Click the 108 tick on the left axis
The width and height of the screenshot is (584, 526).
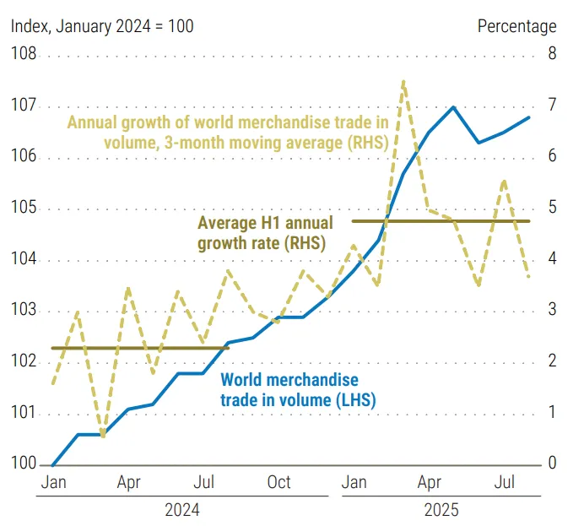[24, 56]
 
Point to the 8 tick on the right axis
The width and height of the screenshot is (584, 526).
[551, 56]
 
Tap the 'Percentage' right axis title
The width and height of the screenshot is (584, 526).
[516, 26]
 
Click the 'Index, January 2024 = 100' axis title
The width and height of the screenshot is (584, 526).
[101, 26]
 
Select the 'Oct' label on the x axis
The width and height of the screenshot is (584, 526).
[278, 482]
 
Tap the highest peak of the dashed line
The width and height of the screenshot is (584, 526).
[403, 82]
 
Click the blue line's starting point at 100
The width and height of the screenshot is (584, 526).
[52, 464]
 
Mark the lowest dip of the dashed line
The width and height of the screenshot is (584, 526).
[103, 437]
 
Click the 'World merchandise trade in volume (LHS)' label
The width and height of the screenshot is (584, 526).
[297, 390]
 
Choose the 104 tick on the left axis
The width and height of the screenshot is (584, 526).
[24, 260]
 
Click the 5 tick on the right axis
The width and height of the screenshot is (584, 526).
[551, 209]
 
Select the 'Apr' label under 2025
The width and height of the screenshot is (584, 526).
[430, 482]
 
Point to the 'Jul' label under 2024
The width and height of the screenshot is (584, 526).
[203, 482]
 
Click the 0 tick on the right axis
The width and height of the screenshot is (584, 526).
[551, 464]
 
